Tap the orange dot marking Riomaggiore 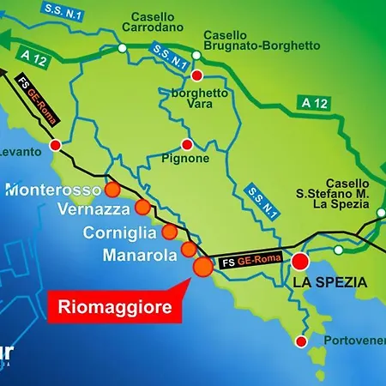click(203, 267)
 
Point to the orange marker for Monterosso click(112, 190)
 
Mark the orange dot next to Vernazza click(142, 207)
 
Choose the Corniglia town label click(120, 232)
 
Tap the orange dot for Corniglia click(170, 232)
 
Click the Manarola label click(137, 254)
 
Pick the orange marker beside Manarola click(188, 250)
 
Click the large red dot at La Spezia click(301, 262)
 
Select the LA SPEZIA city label click(329, 282)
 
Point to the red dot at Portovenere click(300, 341)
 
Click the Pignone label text click(186, 159)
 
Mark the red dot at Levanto click(56, 146)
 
